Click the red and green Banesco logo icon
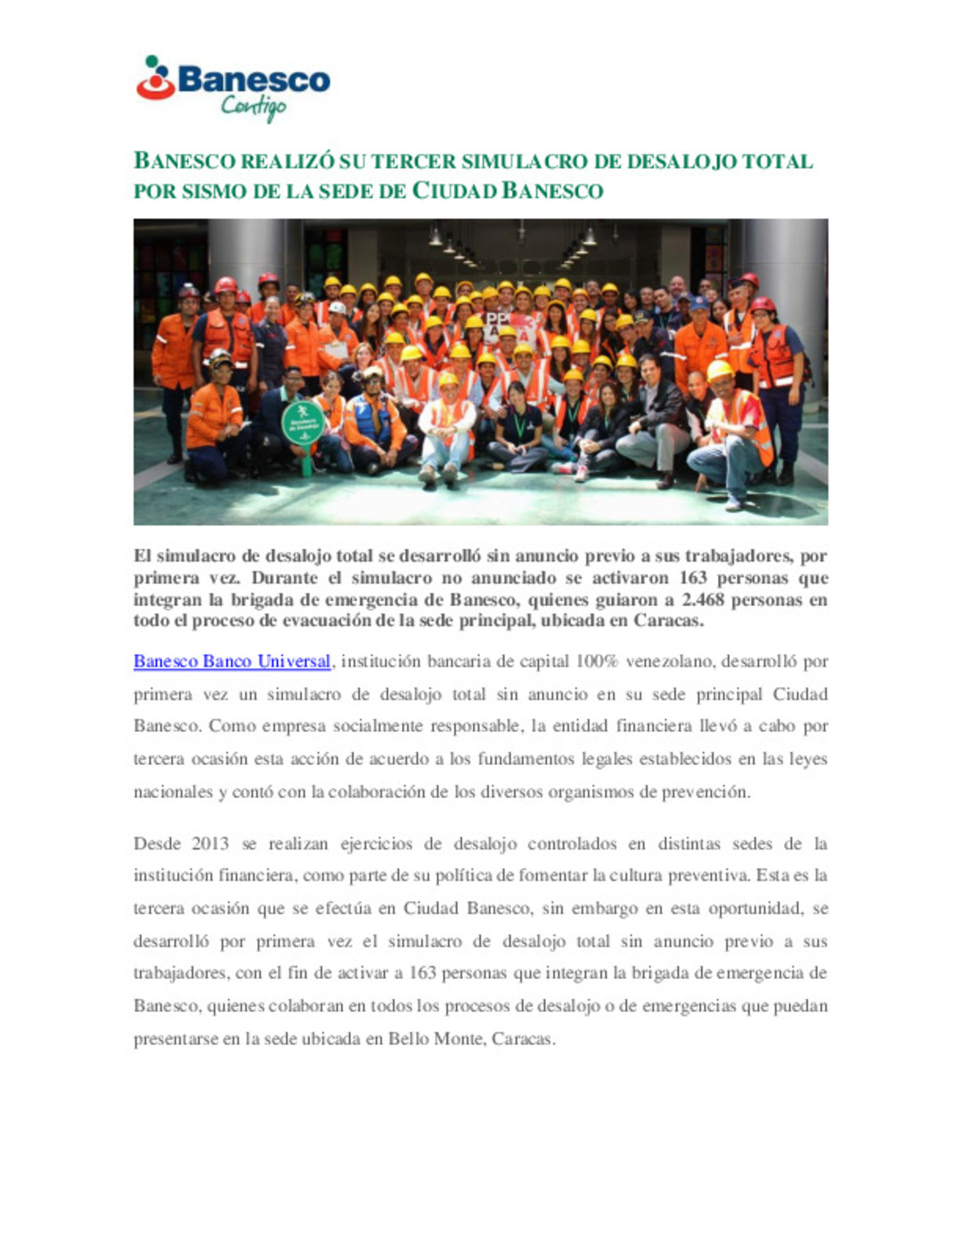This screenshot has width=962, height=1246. [156, 78]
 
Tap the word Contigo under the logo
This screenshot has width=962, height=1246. [254, 108]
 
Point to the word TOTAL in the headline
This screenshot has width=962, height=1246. [778, 161]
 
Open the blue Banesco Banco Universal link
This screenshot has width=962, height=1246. [232, 661]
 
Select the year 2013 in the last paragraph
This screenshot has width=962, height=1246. [210, 843]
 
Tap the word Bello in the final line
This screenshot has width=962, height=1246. [408, 1038]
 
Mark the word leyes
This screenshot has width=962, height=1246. [808, 759]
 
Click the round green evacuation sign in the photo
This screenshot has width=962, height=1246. [302, 424]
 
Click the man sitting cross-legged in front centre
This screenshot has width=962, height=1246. [446, 428]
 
